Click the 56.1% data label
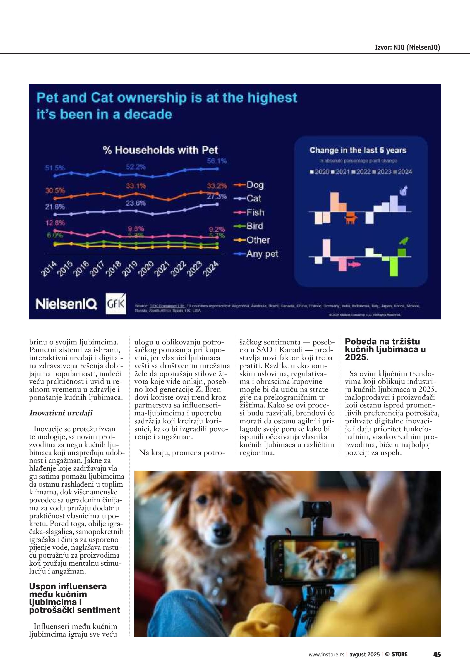click(x=217, y=161)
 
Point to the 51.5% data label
click(x=55, y=168)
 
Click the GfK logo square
click(x=116, y=304)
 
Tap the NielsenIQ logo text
click(x=66, y=304)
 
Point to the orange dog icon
click(x=351, y=217)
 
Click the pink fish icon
click(x=354, y=264)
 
